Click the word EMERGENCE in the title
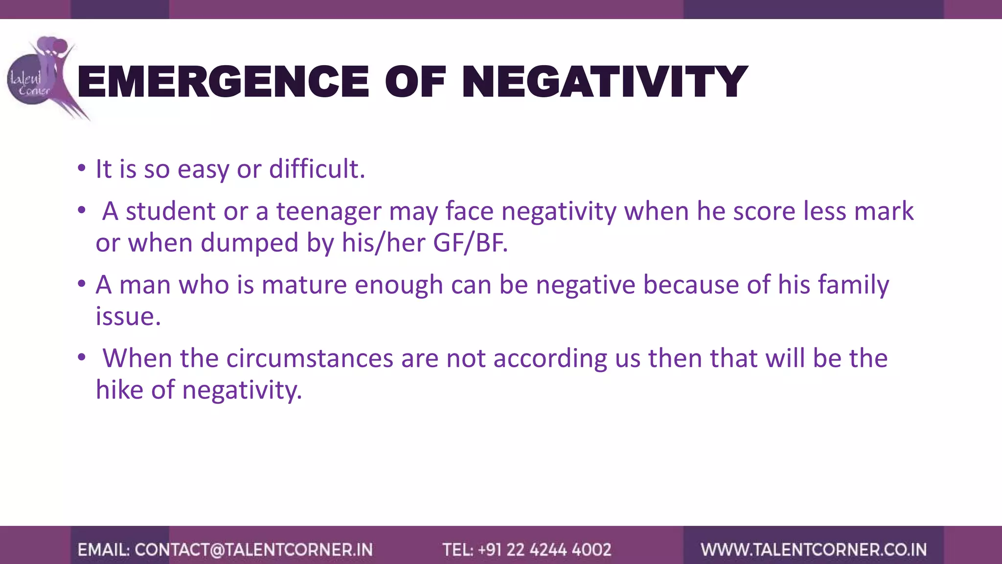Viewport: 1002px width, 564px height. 223,82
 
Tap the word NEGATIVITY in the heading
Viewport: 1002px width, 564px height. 604,82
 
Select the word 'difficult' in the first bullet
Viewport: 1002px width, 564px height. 317,169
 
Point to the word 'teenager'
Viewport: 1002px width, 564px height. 329,211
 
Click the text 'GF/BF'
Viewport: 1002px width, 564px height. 470,243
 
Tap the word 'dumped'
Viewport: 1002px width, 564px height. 250,243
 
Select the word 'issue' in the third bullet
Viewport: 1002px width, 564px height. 127,316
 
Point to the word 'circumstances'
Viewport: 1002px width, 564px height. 309,358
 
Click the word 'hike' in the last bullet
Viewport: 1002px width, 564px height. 119,390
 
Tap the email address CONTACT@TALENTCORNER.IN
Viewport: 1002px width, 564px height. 253,550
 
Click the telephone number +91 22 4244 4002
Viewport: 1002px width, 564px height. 545,550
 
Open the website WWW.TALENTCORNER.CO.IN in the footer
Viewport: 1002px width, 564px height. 814,550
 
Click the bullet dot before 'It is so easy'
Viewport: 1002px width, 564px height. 82,169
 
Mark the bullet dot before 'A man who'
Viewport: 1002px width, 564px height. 82,284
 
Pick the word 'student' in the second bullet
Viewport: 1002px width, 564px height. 171,211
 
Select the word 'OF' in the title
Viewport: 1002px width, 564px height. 415,82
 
